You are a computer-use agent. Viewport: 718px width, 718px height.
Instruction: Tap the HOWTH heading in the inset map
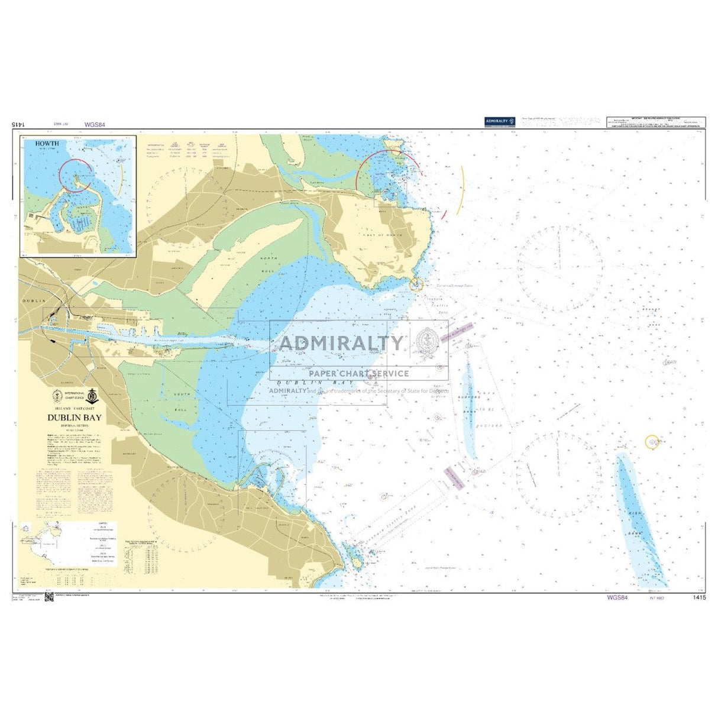point(47,143)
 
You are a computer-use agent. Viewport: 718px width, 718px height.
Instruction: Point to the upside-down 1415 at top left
point(18,125)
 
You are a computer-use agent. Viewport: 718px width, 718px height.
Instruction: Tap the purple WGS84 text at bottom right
point(617,598)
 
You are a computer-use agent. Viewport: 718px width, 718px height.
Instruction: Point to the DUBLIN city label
point(34,301)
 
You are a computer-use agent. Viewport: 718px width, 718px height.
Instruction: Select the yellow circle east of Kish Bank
point(652,442)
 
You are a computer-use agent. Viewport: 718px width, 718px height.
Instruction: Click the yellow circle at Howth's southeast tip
point(416,284)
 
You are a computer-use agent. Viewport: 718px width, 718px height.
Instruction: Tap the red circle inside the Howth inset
point(76,175)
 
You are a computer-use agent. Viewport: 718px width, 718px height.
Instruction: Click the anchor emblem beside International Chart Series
point(91,396)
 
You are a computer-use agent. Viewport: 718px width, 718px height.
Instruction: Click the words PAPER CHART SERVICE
point(358,373)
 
